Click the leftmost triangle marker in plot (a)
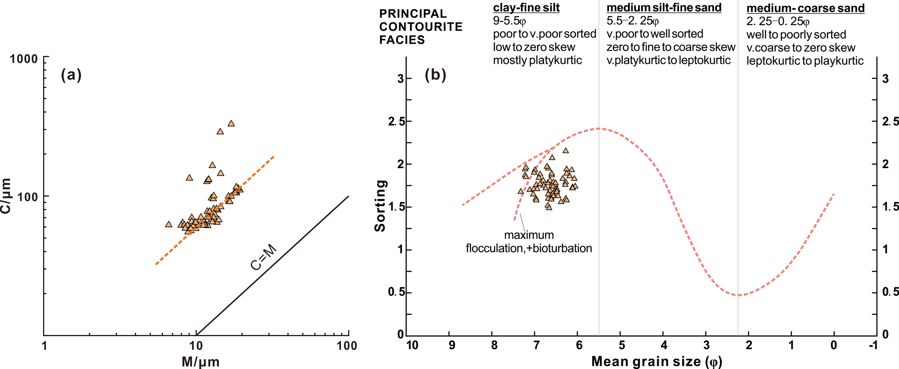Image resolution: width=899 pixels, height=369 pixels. pyautogui.click(x=169, y=225)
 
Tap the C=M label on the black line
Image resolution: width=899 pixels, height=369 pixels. pyautogui.click(x=264, y=257)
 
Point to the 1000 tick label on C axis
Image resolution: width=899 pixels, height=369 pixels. pyautogui.click(x=24, y=59)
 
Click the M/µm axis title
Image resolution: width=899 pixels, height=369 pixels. pyautogui.click(x=201, y=361)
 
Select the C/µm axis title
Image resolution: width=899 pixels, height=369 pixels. pyautogui.click(x=6, y=196)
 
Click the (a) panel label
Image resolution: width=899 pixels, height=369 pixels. pyautogui.click(x=71, y=75)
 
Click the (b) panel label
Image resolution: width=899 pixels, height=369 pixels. pyautogui.click(x=435, y=75)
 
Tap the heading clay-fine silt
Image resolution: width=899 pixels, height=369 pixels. pyautogui.click(x=526, y=8)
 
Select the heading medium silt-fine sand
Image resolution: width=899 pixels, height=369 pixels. pyautogui.click(x=664, y=8)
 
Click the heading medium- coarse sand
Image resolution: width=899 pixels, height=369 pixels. pyautogui.click(x=805, y=8)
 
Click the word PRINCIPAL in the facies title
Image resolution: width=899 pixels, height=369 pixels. pyautogui.click(x=413, y=14)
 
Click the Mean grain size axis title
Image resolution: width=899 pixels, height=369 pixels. pyautogui.click(x=657, y=361)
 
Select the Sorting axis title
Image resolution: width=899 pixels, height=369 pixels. pyautogui.click(x=380, y=206)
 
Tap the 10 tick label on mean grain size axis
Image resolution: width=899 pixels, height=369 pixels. pyautogui.click(x=412, y=345)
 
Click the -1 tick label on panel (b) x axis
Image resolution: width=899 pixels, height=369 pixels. pyautogui.click(x=873, y=345)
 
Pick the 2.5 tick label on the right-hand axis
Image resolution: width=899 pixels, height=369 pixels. pyautogui.click(x=890, y=121)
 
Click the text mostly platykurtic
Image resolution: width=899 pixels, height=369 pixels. pyautogui.click(x=537, y=60)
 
